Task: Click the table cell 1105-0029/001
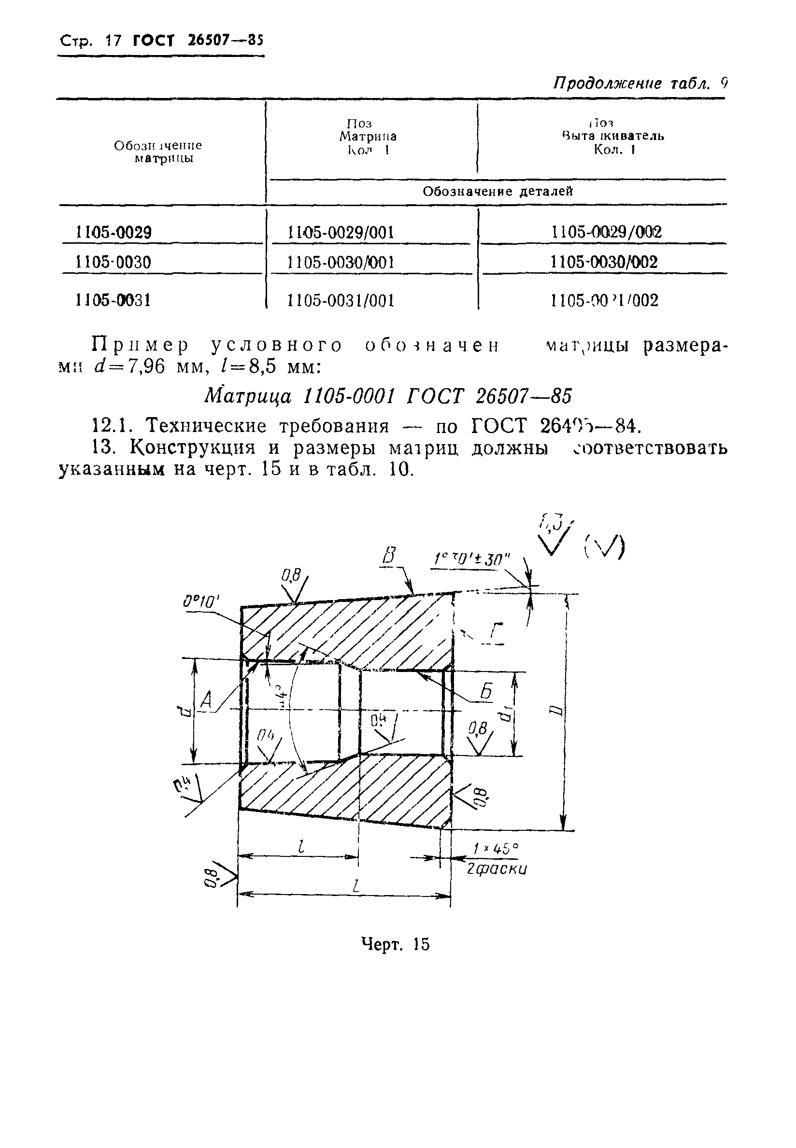341,232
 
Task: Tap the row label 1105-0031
113,300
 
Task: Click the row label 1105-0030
113,262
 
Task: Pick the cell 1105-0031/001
341,300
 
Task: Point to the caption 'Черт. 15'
395,944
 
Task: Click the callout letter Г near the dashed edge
495,633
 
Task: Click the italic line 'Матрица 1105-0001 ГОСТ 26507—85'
388,397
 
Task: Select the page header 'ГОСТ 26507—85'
198,41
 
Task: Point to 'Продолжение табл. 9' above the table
640,83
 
